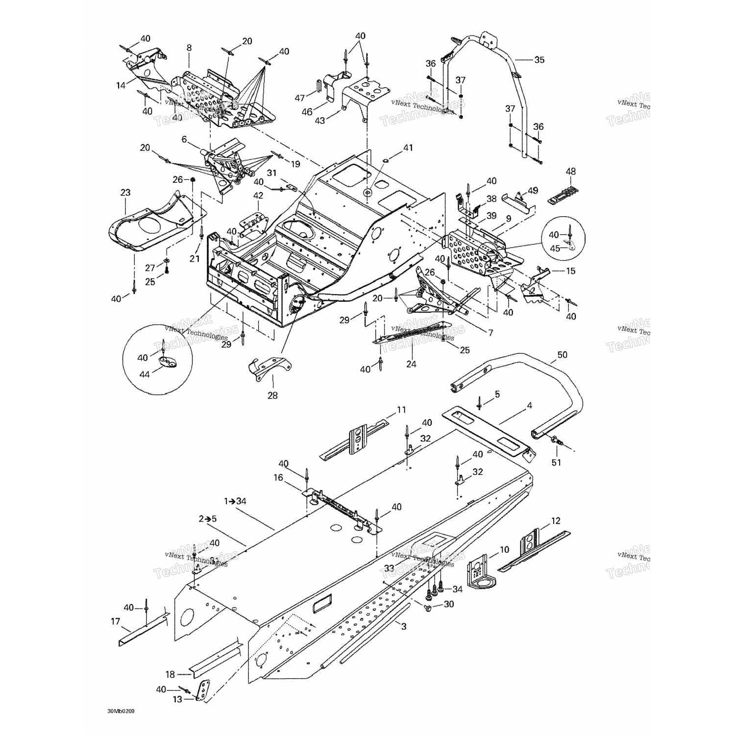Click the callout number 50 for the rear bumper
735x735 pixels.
562,355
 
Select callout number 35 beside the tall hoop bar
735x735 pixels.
539,60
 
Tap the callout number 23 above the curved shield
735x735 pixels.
125,193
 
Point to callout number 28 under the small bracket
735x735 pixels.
272,395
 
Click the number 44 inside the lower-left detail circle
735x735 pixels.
144,374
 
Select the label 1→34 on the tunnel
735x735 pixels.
235,501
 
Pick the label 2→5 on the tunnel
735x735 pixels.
207,518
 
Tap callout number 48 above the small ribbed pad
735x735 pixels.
571,171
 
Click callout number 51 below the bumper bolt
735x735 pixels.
556,462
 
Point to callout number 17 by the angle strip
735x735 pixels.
115,621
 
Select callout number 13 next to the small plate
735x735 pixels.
177,699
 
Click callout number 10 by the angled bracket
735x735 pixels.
504,550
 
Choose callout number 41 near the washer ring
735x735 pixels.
408,147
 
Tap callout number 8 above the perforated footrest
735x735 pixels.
189,48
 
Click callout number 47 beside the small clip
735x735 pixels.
300,98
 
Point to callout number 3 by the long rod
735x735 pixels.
403,626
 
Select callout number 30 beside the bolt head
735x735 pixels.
449,605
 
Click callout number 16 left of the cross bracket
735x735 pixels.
278,478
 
